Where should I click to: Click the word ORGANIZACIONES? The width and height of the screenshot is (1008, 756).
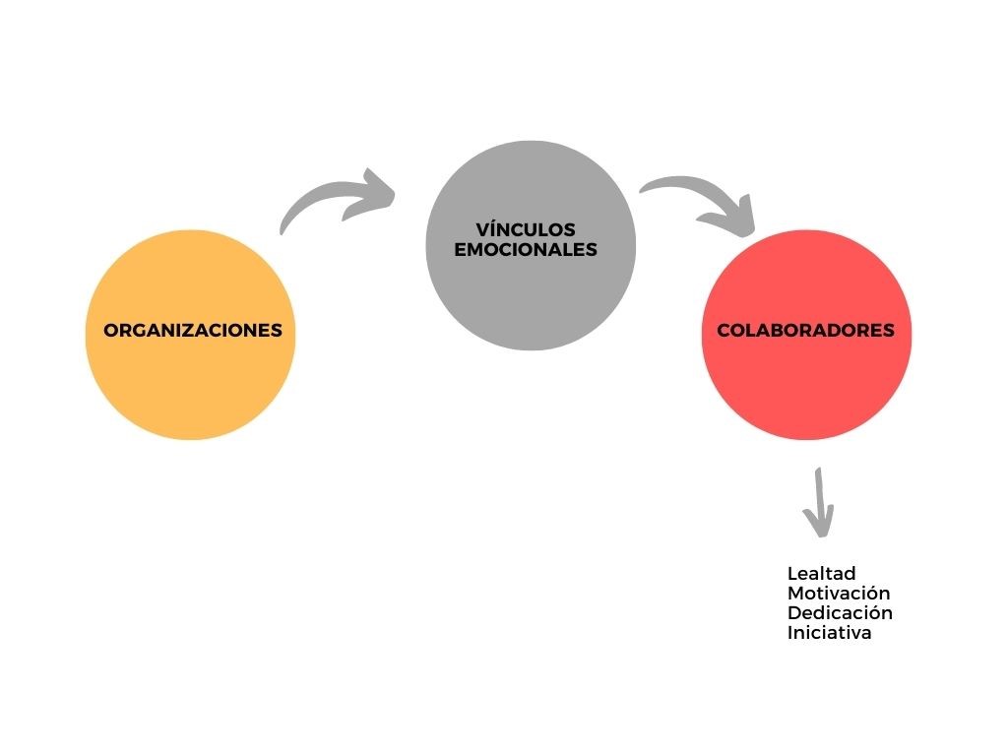tap(193, 331)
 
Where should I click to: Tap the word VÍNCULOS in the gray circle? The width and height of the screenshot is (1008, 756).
tap(525, 230)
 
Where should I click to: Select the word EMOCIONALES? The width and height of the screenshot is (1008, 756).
tap(526, 250)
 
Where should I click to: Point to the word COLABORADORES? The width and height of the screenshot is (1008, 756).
tap(805, 331)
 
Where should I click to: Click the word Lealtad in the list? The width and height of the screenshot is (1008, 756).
tap(822, 573)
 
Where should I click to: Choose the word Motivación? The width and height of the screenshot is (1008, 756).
tap(839, 594)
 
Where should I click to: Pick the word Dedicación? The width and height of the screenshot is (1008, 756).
tap(840, 613)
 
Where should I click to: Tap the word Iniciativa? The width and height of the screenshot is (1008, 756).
tap(830, 633)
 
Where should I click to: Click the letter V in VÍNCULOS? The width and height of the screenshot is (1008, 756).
tap(481, 230)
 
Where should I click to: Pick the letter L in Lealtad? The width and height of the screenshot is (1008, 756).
tap(791, 573)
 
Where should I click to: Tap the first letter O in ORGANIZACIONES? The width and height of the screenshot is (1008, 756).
tap(110, 331)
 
